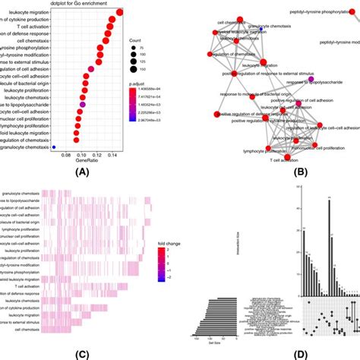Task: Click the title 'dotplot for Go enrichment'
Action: pos(66,5)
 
